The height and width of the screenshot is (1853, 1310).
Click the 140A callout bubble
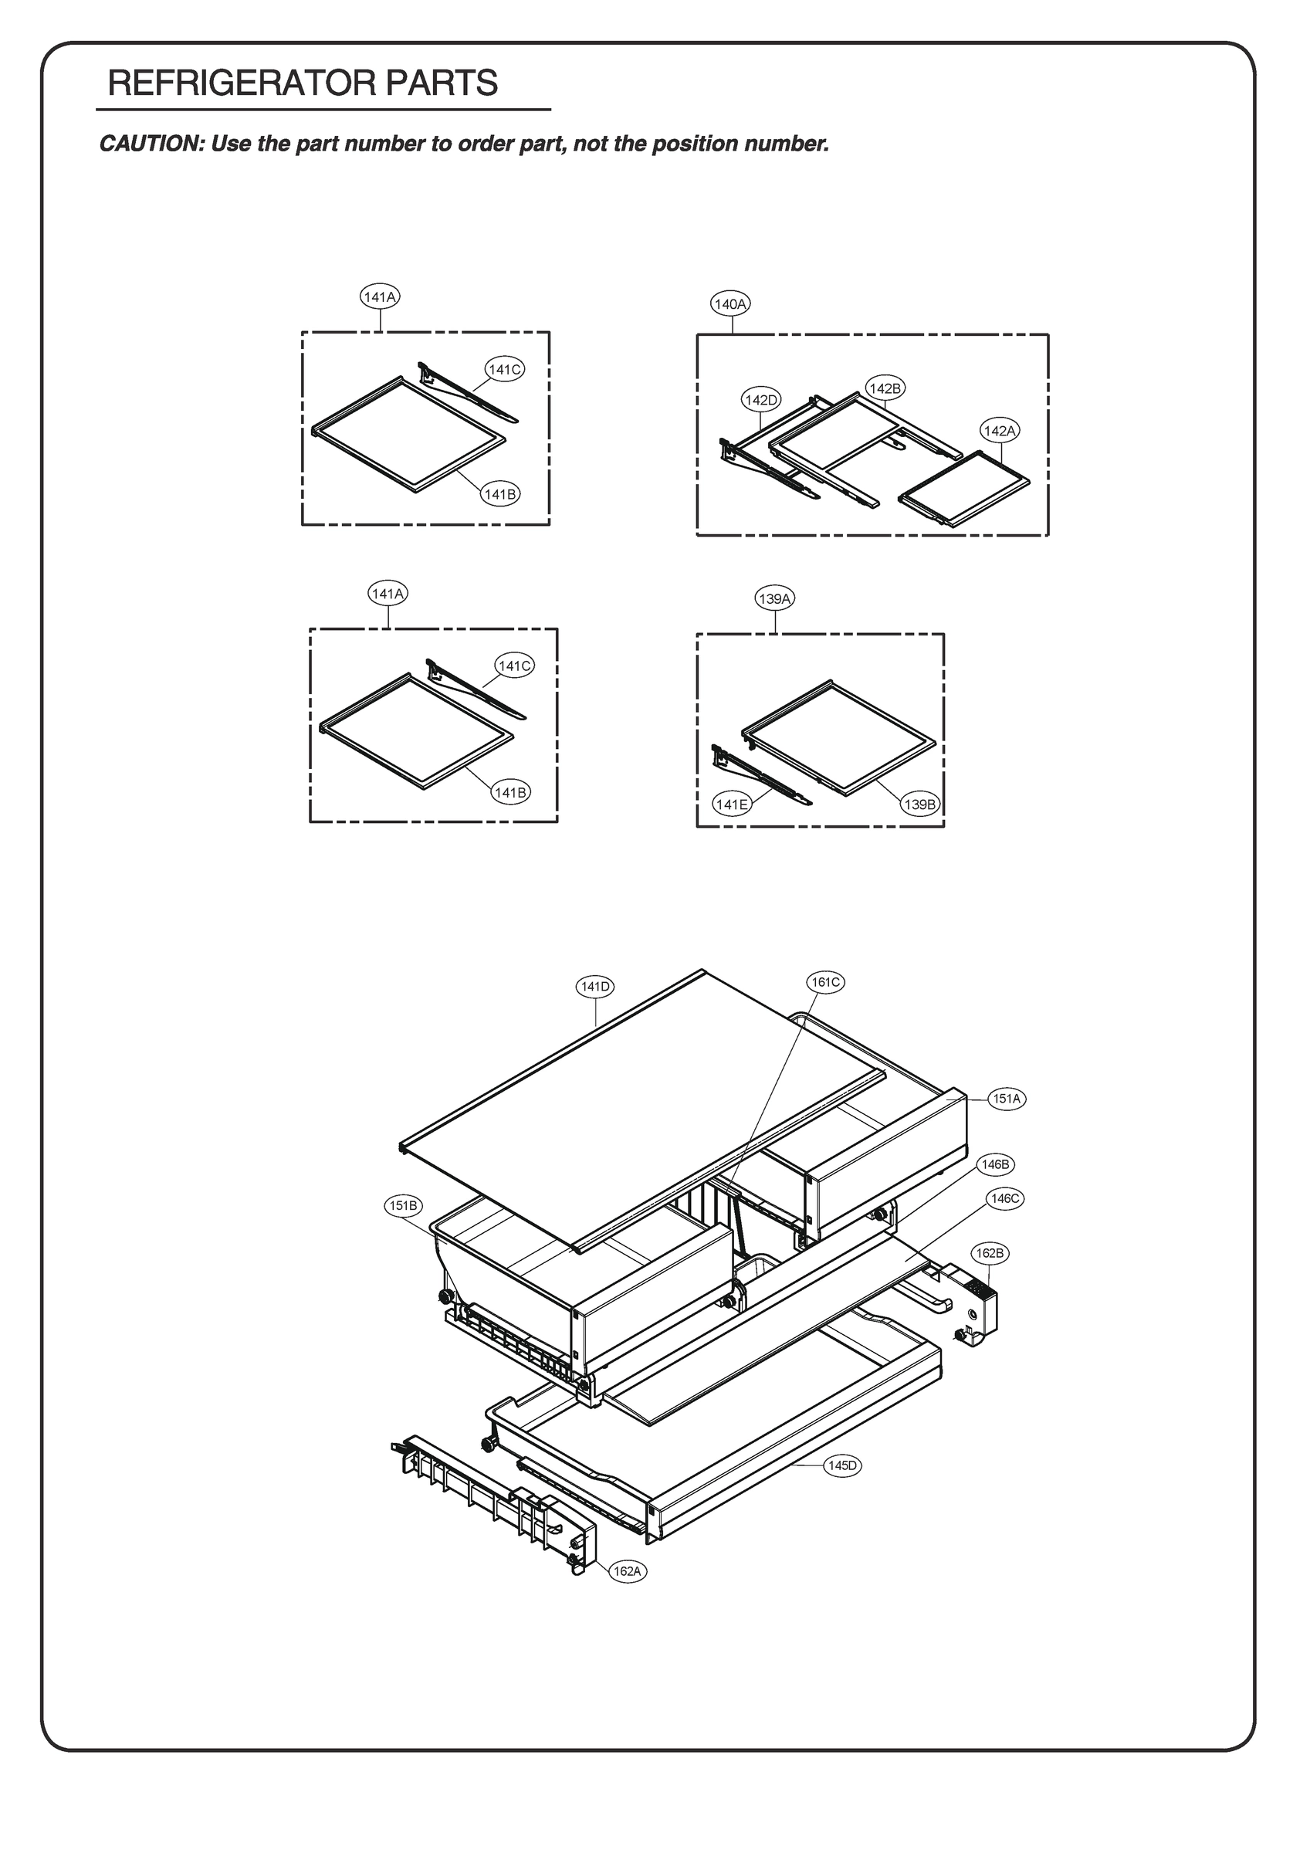pos(730,304)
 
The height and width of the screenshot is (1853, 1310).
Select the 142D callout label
pos(761,399)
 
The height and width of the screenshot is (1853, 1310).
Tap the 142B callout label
pos(885,388)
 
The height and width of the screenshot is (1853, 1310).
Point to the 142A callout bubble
pos(999,431)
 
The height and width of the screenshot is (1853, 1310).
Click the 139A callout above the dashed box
pos(775,599)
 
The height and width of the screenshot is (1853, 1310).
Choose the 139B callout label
pos(920,805)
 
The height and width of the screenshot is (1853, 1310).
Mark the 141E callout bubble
pos(731,804)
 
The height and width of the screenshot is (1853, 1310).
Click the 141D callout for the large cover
pos(596,986)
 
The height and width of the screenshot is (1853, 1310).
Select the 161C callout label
pos(825,982)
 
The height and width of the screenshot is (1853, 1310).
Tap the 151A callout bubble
pos(1007,1099)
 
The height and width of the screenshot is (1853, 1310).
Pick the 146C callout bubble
pos(1005,1198)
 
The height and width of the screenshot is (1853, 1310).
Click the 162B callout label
pos(989,1253)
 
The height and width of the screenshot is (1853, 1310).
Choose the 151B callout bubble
pos(403,1206)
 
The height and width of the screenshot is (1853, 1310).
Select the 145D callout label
pos(842,1465)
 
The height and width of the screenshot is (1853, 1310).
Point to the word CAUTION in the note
pos(148,144)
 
